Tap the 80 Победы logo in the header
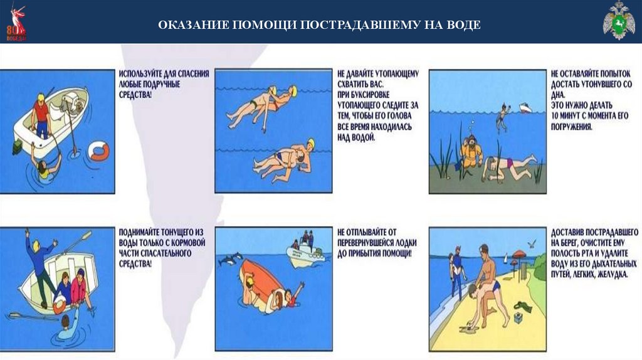coord(16,23)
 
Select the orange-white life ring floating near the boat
coord(100,151)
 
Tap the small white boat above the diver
coord(525,108)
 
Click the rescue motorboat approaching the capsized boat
coord(305,251)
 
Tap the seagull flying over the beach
coord(532,244)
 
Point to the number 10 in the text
coord(555,115)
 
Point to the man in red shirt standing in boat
coord(41,116)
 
